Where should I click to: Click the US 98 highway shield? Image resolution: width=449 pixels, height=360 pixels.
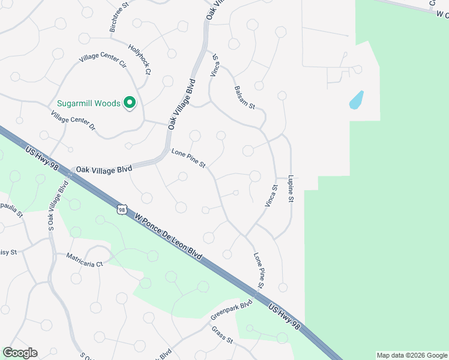122,209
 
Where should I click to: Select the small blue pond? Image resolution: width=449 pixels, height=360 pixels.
356,100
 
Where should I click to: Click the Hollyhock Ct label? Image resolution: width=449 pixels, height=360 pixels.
139,59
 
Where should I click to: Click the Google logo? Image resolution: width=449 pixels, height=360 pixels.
20,353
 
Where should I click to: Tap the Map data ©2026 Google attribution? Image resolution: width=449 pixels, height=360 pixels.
411,355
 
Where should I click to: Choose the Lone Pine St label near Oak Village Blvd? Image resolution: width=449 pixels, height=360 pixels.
188,158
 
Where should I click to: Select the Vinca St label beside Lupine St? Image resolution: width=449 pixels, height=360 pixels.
271,196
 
